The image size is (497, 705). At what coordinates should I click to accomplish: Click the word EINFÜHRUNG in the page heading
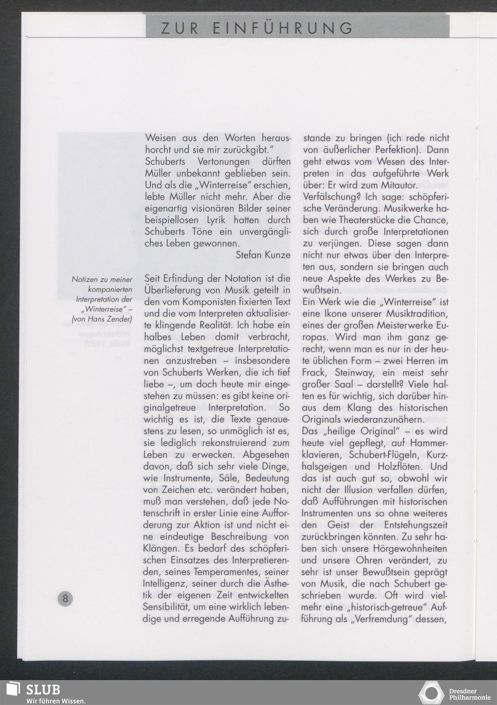pos(283,28)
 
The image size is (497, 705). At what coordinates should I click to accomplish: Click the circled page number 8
pos(65,598)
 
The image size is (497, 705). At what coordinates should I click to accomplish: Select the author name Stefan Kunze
pos(263,255)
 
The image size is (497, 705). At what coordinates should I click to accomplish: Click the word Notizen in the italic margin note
pos(85,280)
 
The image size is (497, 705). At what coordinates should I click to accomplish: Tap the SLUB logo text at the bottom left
pos(43,690)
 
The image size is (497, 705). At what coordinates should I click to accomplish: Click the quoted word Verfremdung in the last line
pos(376,619)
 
